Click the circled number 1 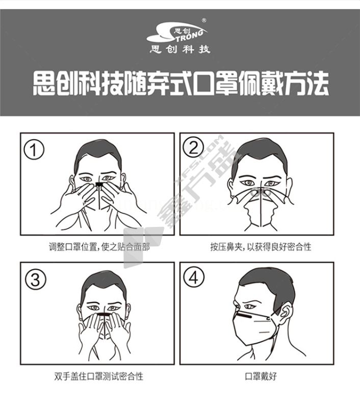[34, 150]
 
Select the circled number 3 [35, 279]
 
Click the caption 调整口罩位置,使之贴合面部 [99, 247]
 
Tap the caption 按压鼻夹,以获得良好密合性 [261, 247]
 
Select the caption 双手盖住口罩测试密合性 [99, 376]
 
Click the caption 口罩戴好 [261, 376]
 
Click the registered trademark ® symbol [204, 20]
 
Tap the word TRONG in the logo [190, 36]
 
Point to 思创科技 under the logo [180, 49]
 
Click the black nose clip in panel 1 [99, 184]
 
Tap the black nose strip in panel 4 [245, 316]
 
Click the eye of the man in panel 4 [249, 306]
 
